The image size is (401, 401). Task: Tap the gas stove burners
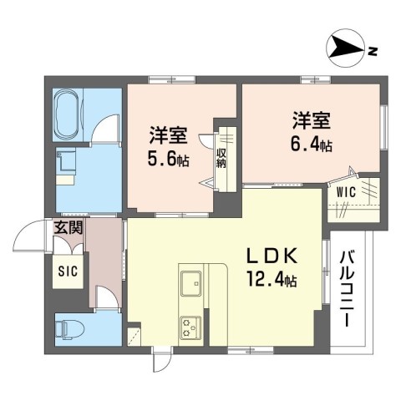click(190, 327)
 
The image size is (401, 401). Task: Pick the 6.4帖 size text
click(312, 145)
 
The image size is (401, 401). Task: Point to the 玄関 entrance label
click(69, 226)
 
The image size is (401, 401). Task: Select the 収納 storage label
click(221, 158)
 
